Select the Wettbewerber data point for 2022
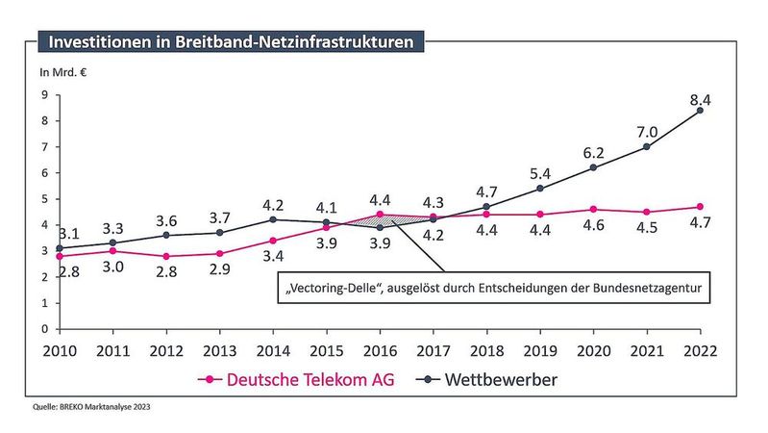[700, 110]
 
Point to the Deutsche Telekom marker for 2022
[700, 207]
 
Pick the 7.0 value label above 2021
[647, 132]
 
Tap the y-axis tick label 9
[44, 94]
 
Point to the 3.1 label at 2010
[68, 233]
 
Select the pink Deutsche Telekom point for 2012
[166, 257]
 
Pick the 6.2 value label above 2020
[593, 152]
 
